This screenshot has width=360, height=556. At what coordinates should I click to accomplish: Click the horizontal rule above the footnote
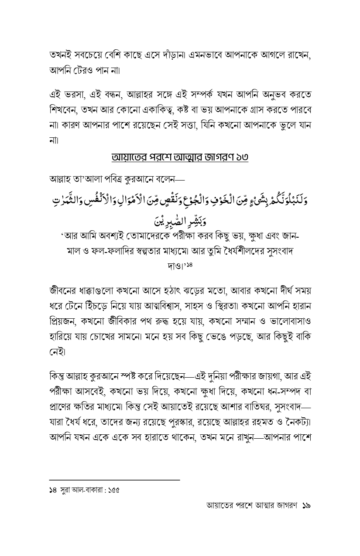pos(114,480)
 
